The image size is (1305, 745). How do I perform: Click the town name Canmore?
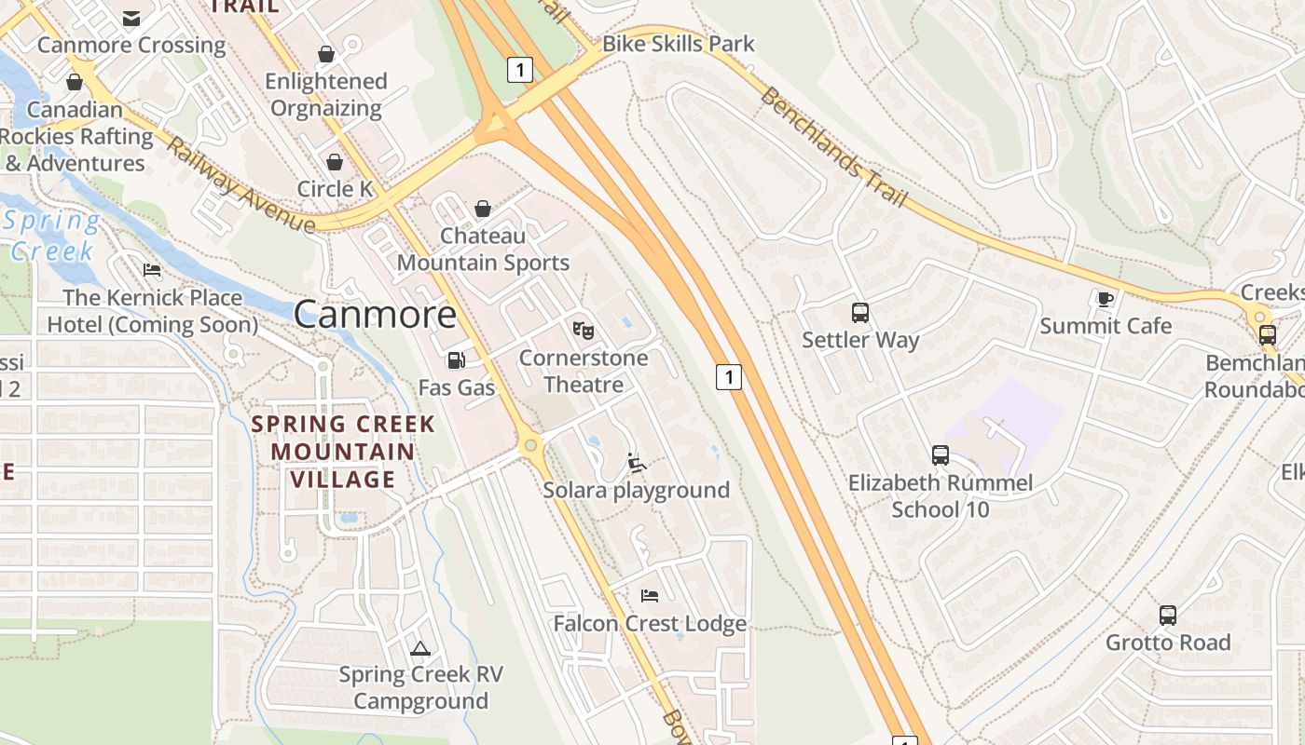(375, 315)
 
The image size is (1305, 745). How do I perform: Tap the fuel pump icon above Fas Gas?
(456, 360)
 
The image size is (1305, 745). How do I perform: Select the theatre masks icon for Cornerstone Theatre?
(584, 330)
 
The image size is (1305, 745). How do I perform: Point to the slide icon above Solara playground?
(637, 462)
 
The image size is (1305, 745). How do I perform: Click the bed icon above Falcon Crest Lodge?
(650, 595)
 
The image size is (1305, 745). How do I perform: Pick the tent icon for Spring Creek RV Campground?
(420, 647)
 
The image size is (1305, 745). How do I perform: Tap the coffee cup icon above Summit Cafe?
(1105, 299)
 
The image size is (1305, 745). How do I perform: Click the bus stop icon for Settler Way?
(860, 313)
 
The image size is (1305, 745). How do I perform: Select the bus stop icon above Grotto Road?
(1168, 615)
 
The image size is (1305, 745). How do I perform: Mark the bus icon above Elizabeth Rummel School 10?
(941, 455)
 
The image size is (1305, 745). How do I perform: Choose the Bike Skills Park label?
(678, 44)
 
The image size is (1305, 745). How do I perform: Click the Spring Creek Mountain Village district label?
(343, 452)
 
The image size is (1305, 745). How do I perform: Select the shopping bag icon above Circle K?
(335, 162)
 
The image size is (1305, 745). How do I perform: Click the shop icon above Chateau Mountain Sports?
(483, 209)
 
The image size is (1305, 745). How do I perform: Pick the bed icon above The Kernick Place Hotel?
(152, 270)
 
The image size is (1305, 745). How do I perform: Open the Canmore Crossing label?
(131, 45)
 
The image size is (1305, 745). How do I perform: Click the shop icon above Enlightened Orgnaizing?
(326, 54)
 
